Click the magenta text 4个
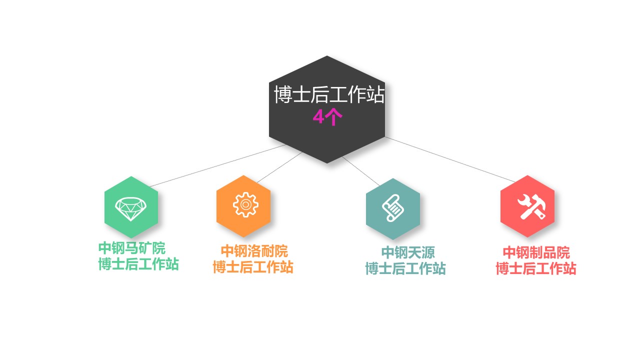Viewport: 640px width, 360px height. click(x=327, y=117)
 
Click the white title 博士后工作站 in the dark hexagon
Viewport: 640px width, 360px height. click(x=329, y=94)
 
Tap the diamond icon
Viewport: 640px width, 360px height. click(x=131, y=209)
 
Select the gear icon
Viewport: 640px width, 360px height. click(x=245, y=204)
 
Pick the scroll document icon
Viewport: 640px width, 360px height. click(x=393, y=208)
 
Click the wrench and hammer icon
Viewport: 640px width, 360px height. click(x=531, y=207)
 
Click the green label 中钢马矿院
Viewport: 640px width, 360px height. click(x=132, y=248)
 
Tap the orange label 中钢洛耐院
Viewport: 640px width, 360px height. click(x=254, y=251)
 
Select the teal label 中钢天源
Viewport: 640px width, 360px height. click(x=408, y=252)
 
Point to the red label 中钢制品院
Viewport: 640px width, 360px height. click(x=536, y=252)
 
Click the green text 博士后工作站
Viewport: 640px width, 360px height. click(x=138, y=264)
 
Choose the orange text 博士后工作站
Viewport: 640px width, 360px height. click(x=253, y=267)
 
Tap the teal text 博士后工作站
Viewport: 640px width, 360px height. click(x=405, y=268)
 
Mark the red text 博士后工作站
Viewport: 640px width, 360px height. click(x=536, y=268)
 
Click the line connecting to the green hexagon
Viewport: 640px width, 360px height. click(x=217, y=165)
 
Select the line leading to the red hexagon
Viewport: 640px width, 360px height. click(x=449, y=159)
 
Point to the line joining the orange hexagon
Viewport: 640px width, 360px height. click(x=279, y=167)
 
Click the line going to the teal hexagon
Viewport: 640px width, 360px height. click(x=361, y=171)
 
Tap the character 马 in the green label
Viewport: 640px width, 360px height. click(x=131, y=248)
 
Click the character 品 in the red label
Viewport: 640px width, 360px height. click(x=549, y=252)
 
